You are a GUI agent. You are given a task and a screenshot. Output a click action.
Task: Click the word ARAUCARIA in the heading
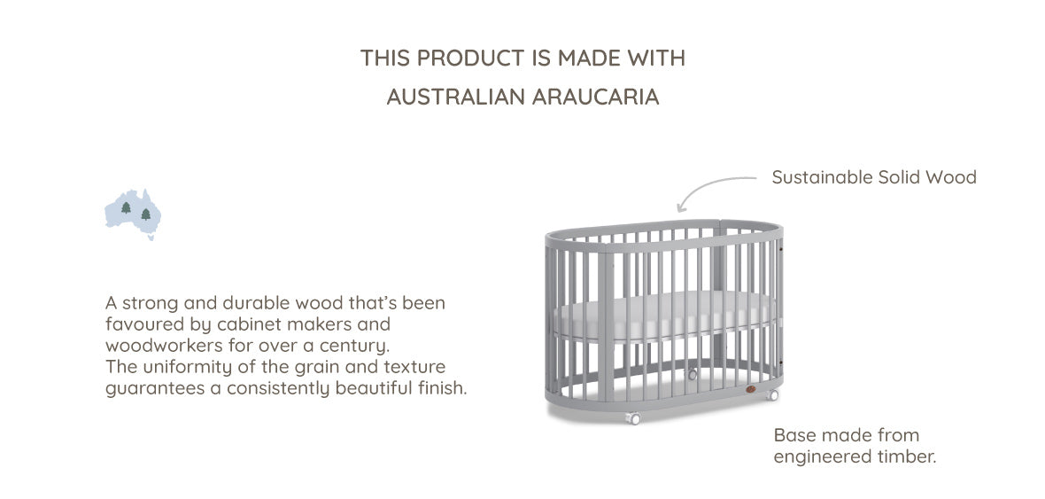click(596, 97)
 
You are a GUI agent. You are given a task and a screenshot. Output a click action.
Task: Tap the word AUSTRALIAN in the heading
click(456, 97)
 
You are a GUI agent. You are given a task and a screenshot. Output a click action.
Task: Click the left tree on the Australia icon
click(126, 207)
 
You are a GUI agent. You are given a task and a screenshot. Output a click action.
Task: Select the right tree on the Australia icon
click(146, 214)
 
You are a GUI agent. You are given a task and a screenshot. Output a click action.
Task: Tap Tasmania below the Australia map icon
click(151, 237)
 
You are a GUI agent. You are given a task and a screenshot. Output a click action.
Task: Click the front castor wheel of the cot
click(632, 418)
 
